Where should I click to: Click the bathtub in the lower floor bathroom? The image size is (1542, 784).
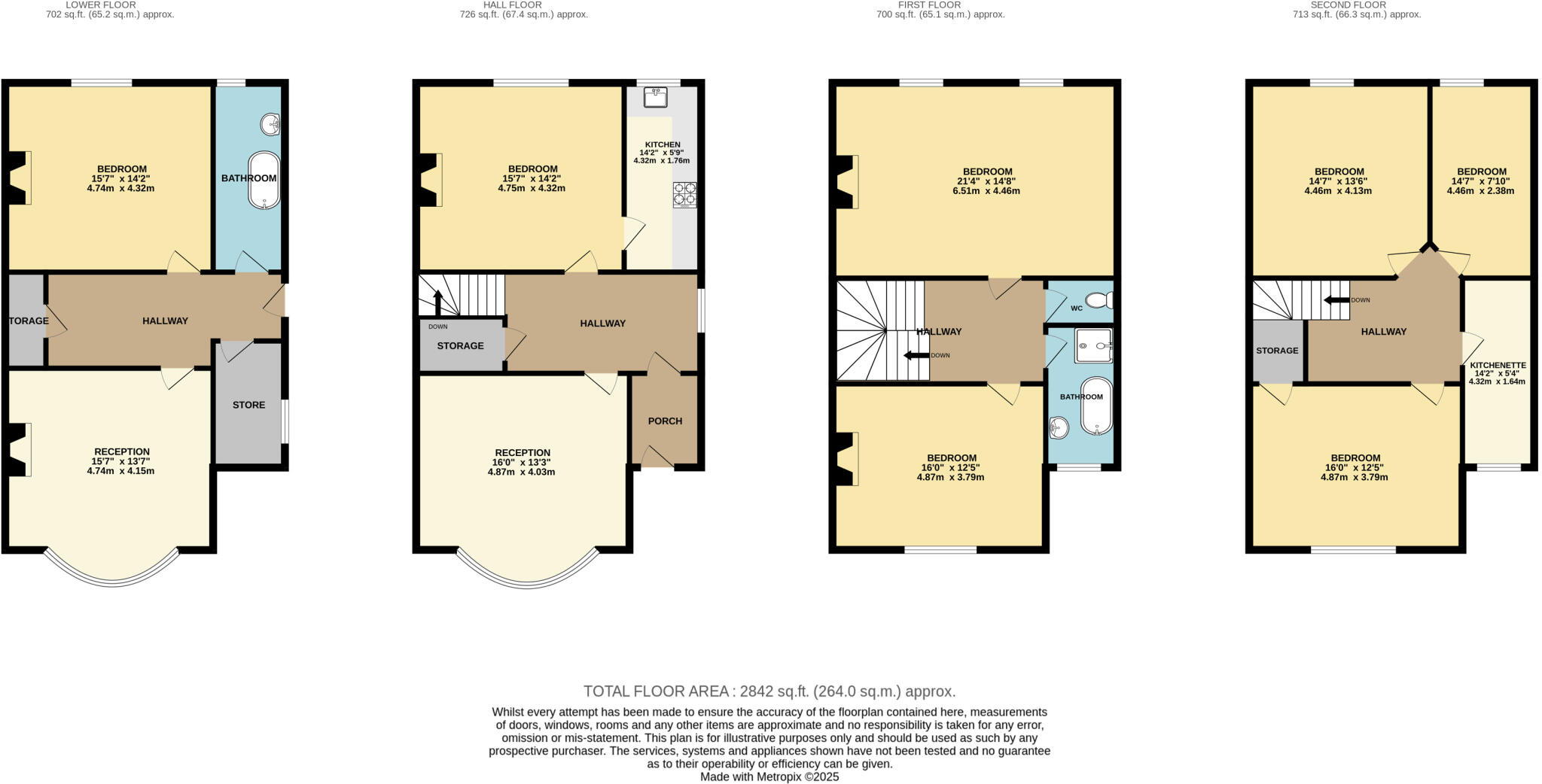click(264, 181)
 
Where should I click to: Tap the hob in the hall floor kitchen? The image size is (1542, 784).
click(684, 194)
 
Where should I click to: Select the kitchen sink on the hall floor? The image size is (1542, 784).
click(656, 97)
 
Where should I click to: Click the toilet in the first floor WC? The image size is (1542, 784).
click(1100, 301)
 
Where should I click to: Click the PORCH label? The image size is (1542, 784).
click(665, 421)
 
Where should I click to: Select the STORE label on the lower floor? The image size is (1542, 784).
click(248, 405)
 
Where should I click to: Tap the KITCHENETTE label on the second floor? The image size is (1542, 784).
click(1498, 366)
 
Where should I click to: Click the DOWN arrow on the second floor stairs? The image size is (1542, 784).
click(1336, 300)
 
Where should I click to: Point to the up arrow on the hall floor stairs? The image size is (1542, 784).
click(437, 301)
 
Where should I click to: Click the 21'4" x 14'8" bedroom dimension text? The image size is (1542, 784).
click(986, 181)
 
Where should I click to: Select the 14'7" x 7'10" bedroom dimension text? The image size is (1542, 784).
click(1480, 181)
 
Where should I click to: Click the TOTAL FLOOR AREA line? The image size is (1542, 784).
click(769, 691)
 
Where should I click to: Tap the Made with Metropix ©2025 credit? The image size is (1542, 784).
click(769, 776)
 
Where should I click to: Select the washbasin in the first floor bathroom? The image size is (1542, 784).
click(1059, 428)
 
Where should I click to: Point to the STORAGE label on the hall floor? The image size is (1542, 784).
click(460, 346)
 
